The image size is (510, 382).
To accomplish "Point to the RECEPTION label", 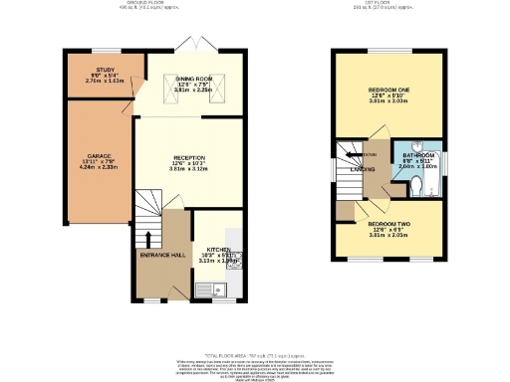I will pos(188,157).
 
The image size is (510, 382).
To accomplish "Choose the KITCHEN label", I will pos(219,250).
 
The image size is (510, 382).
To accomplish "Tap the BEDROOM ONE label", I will pos(389,91).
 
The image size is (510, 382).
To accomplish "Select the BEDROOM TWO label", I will pos(389,225).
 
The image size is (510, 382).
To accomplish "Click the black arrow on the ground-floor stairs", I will pos(148,239).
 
